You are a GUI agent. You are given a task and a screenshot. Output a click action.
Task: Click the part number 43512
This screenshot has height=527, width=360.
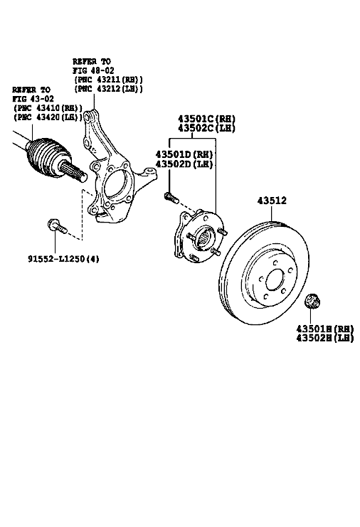272,201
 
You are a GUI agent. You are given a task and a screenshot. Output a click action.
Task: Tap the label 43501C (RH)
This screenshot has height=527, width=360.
206,119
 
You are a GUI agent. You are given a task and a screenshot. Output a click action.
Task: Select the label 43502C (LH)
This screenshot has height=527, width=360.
206,128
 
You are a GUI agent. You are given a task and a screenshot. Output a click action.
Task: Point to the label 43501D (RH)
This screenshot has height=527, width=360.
184,154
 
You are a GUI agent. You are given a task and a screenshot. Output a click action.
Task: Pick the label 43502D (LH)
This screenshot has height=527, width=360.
184,164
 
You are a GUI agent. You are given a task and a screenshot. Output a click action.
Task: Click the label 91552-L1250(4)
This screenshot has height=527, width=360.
63,259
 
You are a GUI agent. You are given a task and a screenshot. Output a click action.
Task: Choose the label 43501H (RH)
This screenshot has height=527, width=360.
325,329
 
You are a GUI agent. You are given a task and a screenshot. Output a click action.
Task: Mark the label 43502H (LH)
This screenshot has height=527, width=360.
325,338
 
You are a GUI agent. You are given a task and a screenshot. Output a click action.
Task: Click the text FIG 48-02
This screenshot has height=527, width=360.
93,70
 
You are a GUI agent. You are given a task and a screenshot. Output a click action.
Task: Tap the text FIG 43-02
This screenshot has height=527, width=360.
33,99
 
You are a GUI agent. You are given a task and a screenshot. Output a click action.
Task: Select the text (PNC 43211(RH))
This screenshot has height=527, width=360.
108,80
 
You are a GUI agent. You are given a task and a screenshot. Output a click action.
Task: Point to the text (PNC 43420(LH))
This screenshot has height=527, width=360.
48,117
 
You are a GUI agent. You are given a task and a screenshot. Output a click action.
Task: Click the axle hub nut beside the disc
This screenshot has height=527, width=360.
312,300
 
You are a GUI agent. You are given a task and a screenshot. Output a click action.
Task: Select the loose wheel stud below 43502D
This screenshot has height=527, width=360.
171,197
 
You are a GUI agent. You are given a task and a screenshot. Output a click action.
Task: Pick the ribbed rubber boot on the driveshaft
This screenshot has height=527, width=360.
48,157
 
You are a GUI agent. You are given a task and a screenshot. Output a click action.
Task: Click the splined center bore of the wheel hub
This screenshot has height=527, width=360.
204,237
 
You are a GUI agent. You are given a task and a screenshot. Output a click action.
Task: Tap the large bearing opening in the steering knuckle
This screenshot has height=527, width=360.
116,186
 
